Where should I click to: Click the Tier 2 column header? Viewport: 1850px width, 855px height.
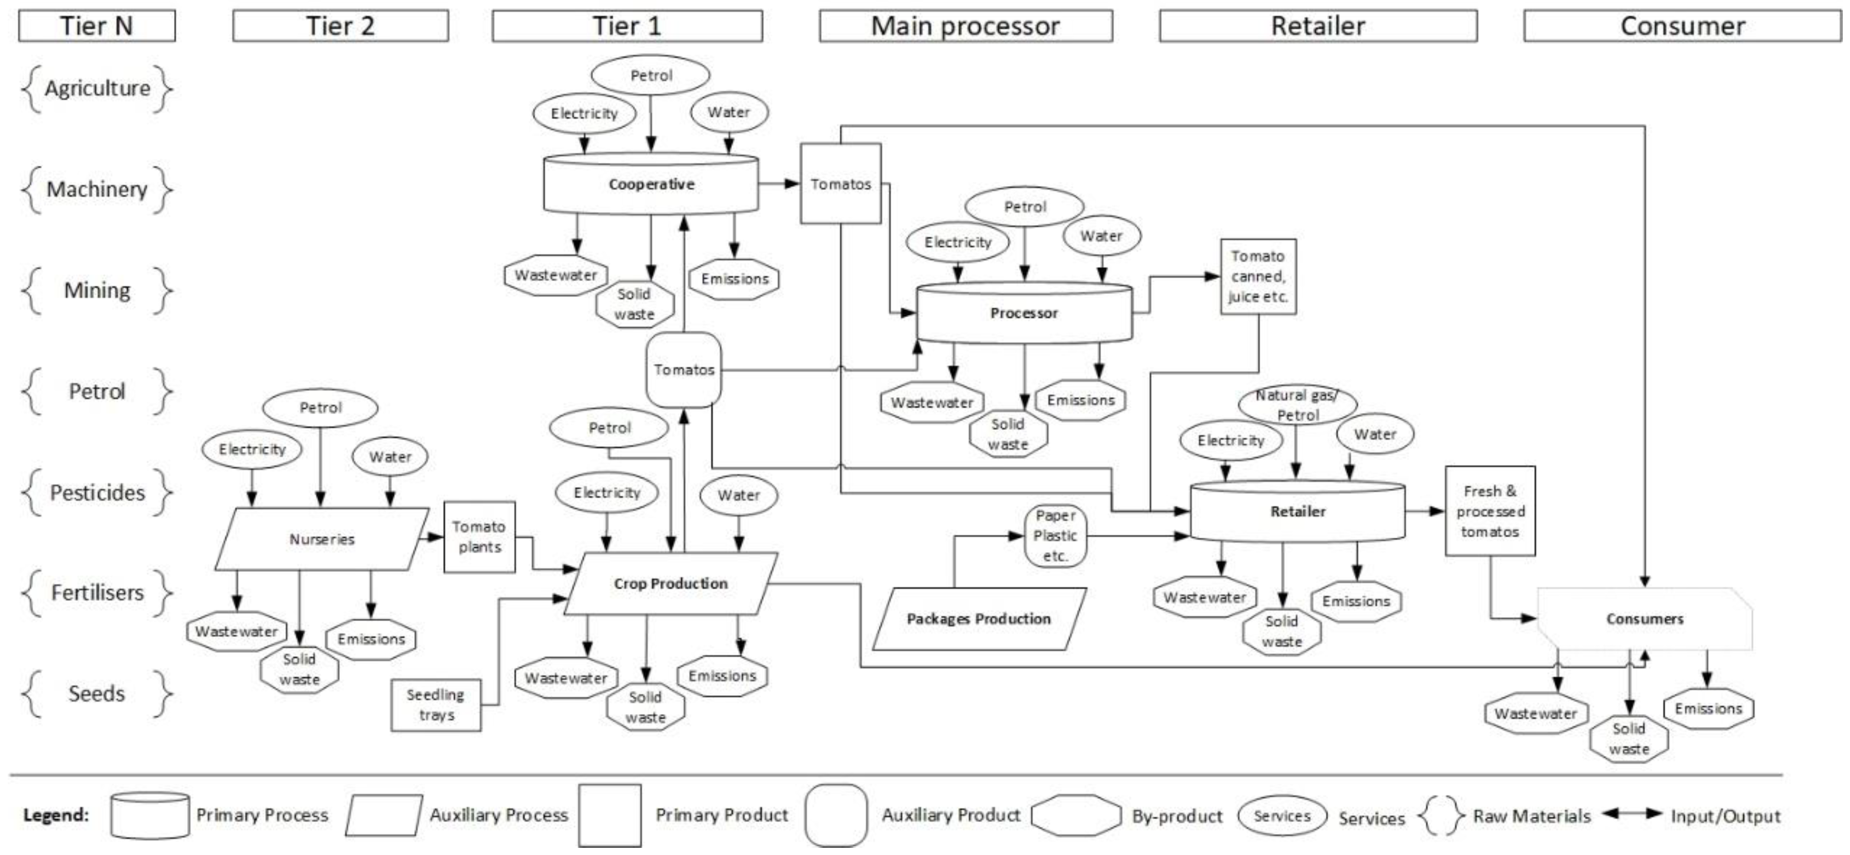click(x=340, y=26)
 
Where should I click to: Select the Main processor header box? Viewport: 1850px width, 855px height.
click(x=966, y=26)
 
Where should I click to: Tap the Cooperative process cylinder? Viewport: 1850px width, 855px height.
click(x=651, y=184)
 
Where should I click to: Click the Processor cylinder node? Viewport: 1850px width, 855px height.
click(x=1024, y=313)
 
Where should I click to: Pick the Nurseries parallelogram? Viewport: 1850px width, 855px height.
click(x=322, y=539)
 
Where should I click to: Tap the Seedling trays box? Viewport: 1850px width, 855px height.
click(x=436, y=705)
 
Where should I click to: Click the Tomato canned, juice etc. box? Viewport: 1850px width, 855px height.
click(x=1258, y=277)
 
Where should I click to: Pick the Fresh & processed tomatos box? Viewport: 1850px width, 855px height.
click(x=1490, y=511)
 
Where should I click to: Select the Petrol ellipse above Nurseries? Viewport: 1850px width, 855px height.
click(x=320, y=407)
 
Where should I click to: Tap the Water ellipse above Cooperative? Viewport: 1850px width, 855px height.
click(x=729, y=112)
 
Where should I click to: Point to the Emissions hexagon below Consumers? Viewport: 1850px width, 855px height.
click(x=1709, y=708)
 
